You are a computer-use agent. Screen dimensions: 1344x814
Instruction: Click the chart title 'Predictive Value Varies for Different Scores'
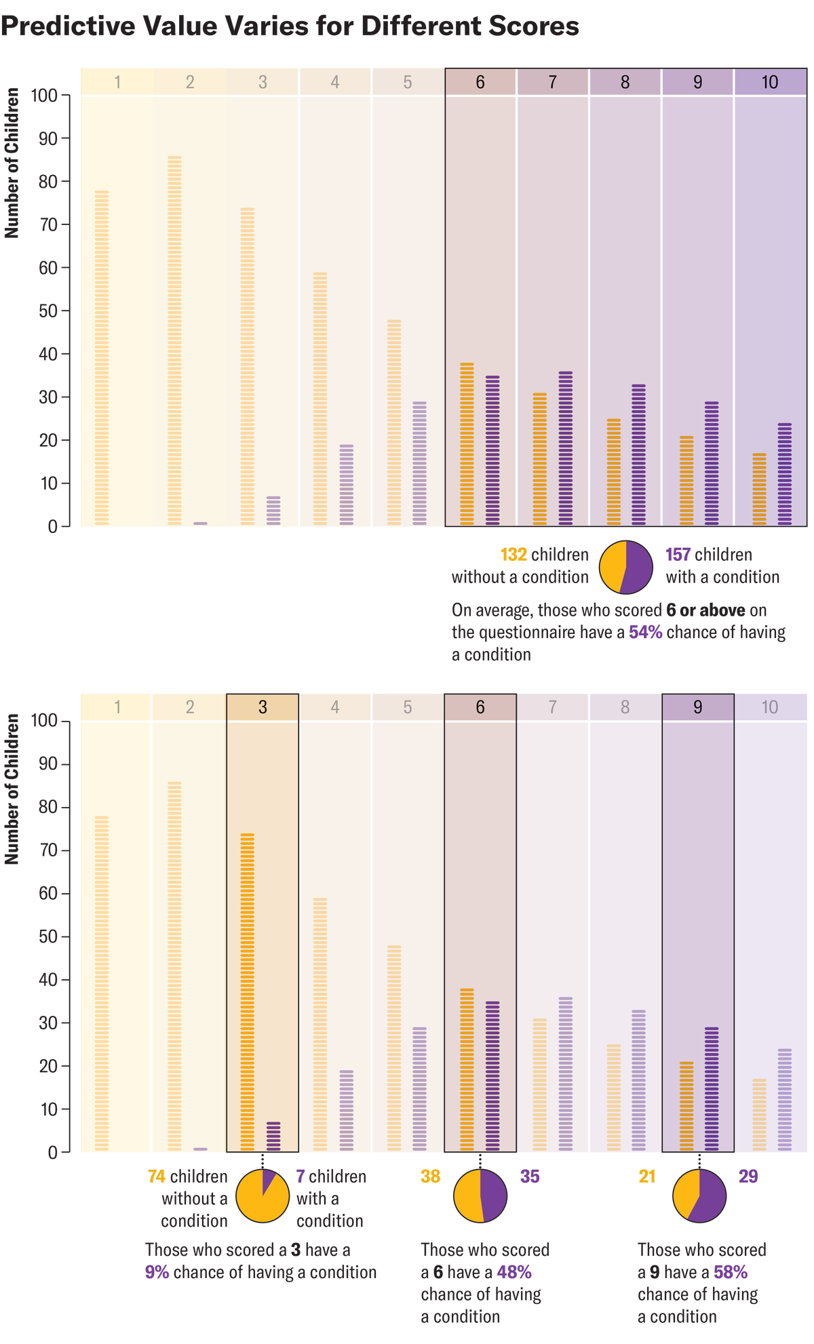coord(290,27)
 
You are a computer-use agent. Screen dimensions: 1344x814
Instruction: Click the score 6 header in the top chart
coord(480,82)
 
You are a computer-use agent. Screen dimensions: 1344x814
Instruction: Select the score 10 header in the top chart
coord(770,82)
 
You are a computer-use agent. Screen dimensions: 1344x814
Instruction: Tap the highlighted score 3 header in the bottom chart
coord(263,707)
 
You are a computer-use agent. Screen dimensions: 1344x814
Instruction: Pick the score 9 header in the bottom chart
coord(697,707)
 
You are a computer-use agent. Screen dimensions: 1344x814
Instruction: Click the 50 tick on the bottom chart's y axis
coord(53,936)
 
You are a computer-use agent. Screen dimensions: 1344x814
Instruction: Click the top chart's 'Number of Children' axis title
coord(12,163)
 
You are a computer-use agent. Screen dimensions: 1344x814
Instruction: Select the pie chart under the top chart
coord(626,567)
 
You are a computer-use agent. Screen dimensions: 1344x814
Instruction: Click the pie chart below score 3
coord(263,1196)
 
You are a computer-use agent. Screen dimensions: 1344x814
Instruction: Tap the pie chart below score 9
coord(699,1196)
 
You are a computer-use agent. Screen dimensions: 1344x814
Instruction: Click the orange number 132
coord(513,555)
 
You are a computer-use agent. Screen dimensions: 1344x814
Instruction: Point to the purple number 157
coord(678,555)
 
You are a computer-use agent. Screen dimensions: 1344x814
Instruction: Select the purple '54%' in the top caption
coord(645,633)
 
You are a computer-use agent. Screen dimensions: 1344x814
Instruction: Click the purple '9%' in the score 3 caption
coord(157,1272)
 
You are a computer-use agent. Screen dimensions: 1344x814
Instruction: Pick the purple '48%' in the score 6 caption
coord(514,1272)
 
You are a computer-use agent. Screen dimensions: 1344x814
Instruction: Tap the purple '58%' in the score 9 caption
coord(731,1272)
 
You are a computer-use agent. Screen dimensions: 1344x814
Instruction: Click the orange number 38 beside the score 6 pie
coord(431,1177)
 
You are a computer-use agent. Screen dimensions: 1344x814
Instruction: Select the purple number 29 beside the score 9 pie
coord(748,1177)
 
